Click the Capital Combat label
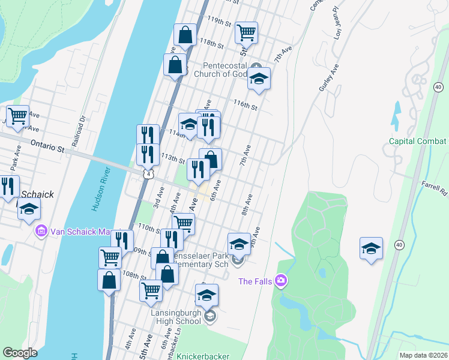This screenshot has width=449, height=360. pyautogui.click(x=418, y=142)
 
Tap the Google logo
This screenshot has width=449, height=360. pyautogui.click(x=20, y=353)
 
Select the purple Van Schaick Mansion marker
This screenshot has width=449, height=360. pyautogui.click(x=41, y=230)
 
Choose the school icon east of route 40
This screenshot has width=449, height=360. pyautogui.click(x=371, y=248)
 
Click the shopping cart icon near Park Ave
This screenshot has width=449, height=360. pyautogui.click(x=18, y=115)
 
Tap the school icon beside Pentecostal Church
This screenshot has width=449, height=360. pyautogui.click(x=259, y=79)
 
